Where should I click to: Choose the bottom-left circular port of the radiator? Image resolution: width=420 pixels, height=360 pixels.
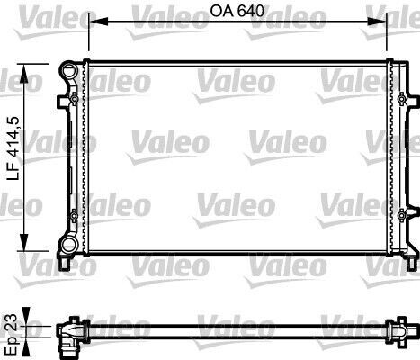(x=67, y=246)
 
